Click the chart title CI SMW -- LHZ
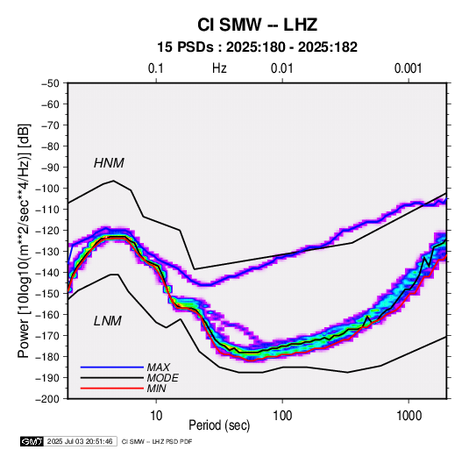(257, 25)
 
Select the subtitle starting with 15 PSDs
(257, 47)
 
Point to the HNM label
(109, 163)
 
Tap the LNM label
(108, 321)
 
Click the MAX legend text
(158, 368)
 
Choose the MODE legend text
(162, 378)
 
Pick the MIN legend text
(156, 389)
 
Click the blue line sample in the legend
(112, 368)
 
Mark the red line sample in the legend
(112, 389)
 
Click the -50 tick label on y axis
(50, 83)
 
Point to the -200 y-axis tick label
(47, 399)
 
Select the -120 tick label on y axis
(47, 231)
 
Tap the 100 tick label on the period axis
(282, 416)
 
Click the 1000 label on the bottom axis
(409, 416)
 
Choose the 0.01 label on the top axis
(281, 68)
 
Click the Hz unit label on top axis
(219, 68)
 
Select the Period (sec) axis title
(219, 425)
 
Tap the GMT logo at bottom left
(32, 441)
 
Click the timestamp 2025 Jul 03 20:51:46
(80, 441)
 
